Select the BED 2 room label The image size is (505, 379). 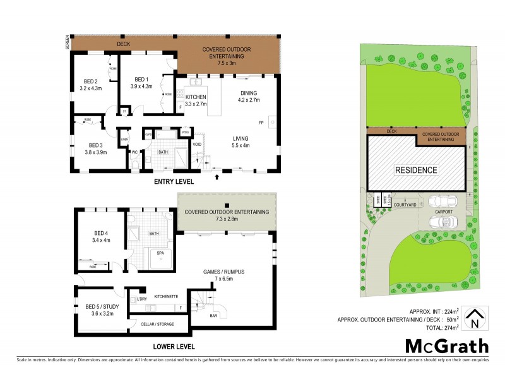[x=90, y=84]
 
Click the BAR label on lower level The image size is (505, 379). [x=213, y=315]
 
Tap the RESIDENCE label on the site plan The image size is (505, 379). [x=416, y=170]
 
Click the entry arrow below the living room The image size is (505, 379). [x=217, y=176]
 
